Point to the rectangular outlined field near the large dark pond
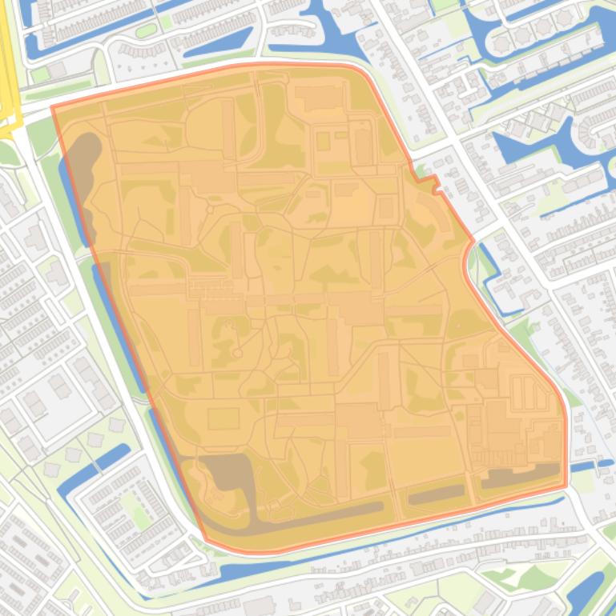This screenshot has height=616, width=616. pyautogui.click(x=223, y=418)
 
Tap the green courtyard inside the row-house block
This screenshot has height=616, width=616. pyautogui.click(x=140, y=512)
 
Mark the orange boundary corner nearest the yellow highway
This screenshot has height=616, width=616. pyautogui.click(x=53, y=107)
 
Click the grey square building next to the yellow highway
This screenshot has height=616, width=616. pyautogui.click(x=56, y=71)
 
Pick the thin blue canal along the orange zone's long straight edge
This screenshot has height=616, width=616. pyautogui.click(x=120, y=336)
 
